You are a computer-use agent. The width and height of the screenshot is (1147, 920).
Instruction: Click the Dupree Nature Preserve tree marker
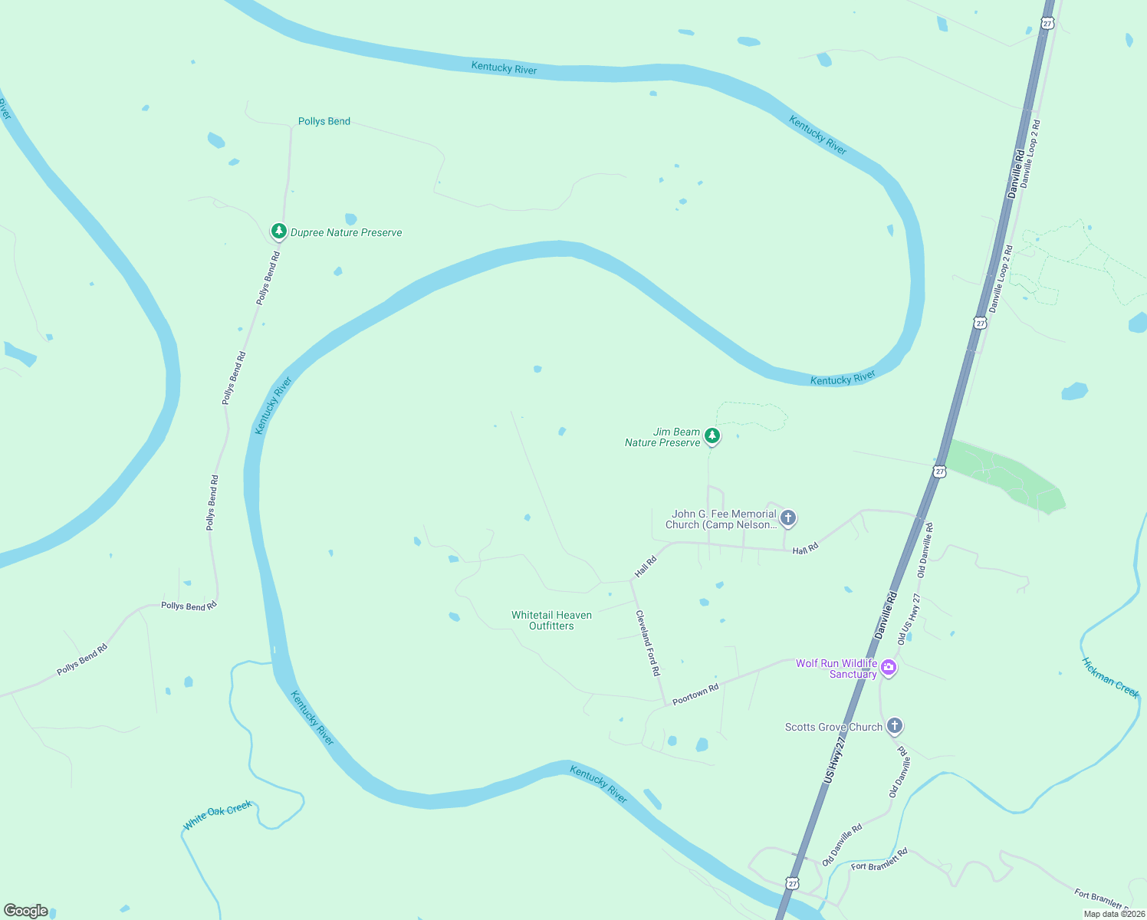278,231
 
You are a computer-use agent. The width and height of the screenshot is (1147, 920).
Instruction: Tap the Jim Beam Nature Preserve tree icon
712,436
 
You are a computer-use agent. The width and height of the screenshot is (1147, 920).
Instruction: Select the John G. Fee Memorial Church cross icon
787,517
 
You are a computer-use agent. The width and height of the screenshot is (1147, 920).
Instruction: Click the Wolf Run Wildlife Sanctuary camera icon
888,667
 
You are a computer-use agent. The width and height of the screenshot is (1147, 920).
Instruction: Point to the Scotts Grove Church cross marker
894,725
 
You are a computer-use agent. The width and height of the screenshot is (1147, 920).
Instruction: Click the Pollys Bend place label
324,121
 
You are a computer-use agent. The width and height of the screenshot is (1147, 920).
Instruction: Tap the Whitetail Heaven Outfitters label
551,620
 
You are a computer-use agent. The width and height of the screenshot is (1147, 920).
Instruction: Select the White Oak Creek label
218,816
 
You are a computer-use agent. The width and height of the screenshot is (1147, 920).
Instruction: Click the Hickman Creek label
1110,677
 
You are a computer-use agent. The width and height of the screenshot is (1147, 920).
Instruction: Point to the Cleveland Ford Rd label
648,642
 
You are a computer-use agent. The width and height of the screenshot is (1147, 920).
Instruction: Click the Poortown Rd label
695,694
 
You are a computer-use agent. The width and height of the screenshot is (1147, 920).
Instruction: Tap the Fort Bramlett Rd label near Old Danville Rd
879,859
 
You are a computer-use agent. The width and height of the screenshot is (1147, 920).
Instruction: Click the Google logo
26,911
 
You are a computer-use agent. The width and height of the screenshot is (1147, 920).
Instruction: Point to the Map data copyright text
1114,914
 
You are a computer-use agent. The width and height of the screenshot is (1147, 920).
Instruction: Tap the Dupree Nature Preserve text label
346,232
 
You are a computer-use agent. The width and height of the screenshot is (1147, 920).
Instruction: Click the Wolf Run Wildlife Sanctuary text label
836,669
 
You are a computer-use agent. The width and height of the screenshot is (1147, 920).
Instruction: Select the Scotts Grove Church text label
833,727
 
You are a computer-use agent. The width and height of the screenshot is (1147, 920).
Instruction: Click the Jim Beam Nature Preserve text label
663,437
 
